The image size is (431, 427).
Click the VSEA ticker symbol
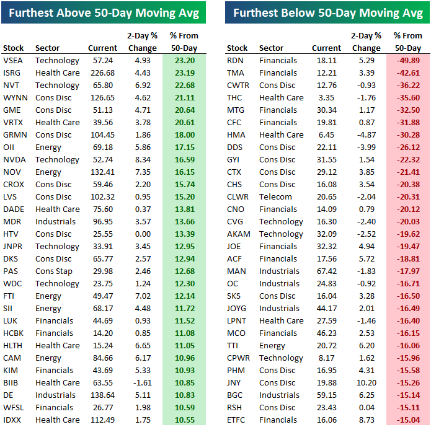pyautogui.click(x=14, y=61)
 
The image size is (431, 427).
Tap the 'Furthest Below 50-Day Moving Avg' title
pyautogui.click(x=327, y=12)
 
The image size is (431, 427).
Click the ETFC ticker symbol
pyautogui.click(x=238, y=420)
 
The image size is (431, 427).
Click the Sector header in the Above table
pyautogui.click(x=48, y=48)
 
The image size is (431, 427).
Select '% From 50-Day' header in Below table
pyautogui.click(x=407, y=42)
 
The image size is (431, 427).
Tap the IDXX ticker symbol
pyautogui.click(x=14, y=420)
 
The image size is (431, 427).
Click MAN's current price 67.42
pyautogui.click(x=326, y=271)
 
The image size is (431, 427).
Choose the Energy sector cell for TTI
pyautogui.click(x=273, y=346)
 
